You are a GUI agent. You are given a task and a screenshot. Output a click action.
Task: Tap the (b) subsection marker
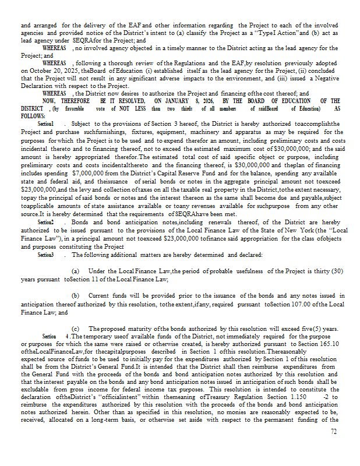click(75, 296)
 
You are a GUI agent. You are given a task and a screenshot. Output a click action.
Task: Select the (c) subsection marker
click(75, 329)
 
